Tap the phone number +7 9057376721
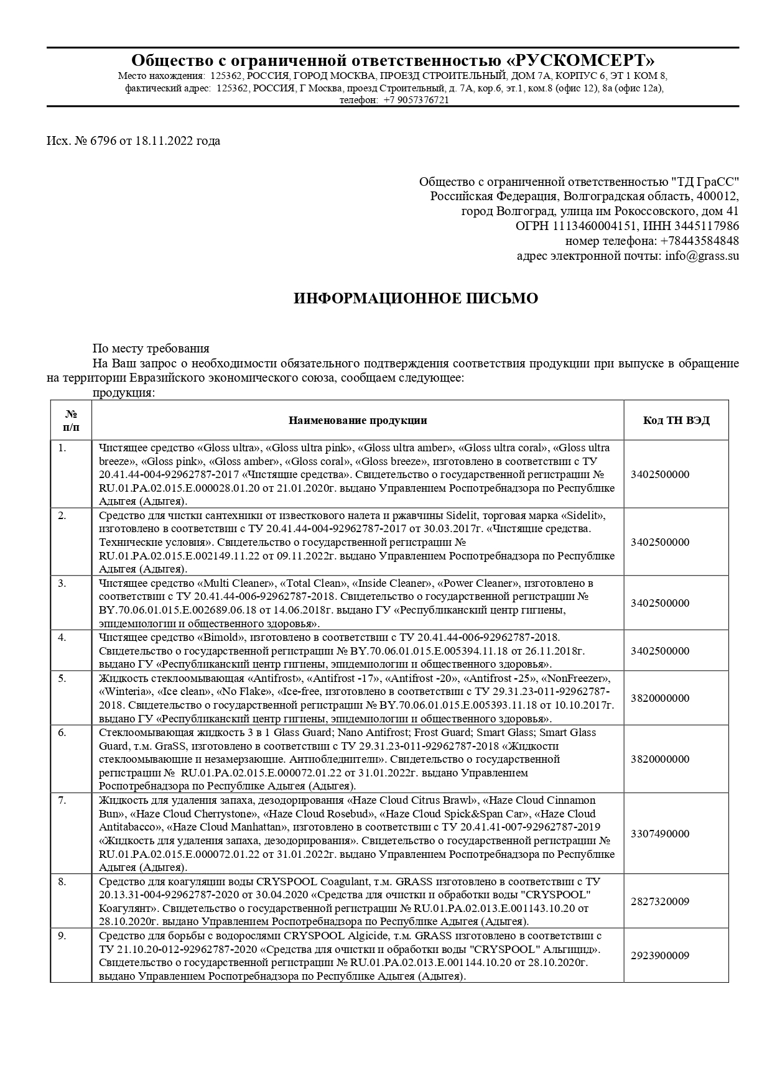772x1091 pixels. click(x=416, y=99)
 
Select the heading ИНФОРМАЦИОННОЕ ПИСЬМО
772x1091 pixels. click(x=416, y=298)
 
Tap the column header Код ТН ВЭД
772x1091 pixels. click(x=676, y=420)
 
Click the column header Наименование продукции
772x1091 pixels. click(x=358, y=420)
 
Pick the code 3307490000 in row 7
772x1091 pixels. click(x=660, y=833)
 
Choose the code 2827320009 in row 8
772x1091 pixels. click(x=660, y=901)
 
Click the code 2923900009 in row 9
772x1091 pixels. click(x=660, y=955)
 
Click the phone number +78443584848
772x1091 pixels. click(x=700, y=241)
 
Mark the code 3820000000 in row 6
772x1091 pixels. click(x=660, y=759)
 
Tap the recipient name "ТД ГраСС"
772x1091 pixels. click(x=705, y=182)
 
